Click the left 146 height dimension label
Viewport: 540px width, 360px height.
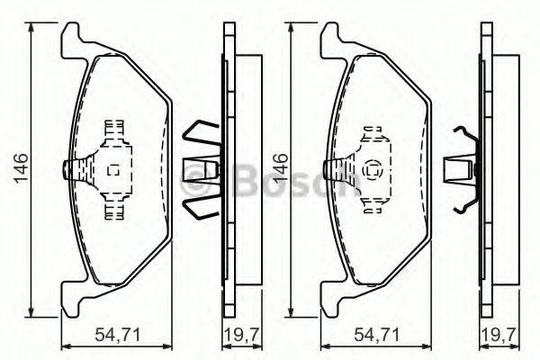click(21, 168)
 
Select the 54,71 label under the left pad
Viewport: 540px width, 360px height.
click(118, 335)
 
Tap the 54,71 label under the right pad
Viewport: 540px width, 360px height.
click(377, 335)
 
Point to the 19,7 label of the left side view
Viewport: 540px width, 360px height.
click(242, 335)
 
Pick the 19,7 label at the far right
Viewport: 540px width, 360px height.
click(500, 335)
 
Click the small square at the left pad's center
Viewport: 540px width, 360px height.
click(113, 170)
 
